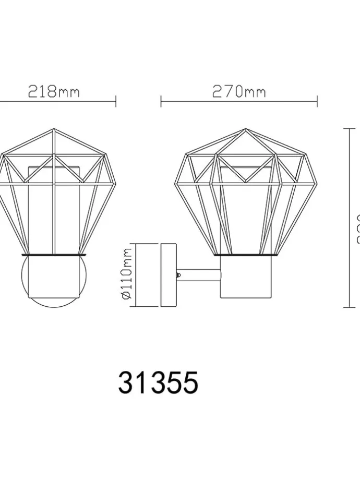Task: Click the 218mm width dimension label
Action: pos(54,92)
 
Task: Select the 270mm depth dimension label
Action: pos(238,92)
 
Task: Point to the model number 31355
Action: pos(158,383)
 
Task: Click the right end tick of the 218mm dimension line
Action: pos(116,101)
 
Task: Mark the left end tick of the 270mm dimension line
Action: pos(161,101)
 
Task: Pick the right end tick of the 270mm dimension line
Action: pos(317,101)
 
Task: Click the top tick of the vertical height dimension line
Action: pos(349,128)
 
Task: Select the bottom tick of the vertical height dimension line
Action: pos(349,307)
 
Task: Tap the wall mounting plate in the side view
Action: pos(169,274)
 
